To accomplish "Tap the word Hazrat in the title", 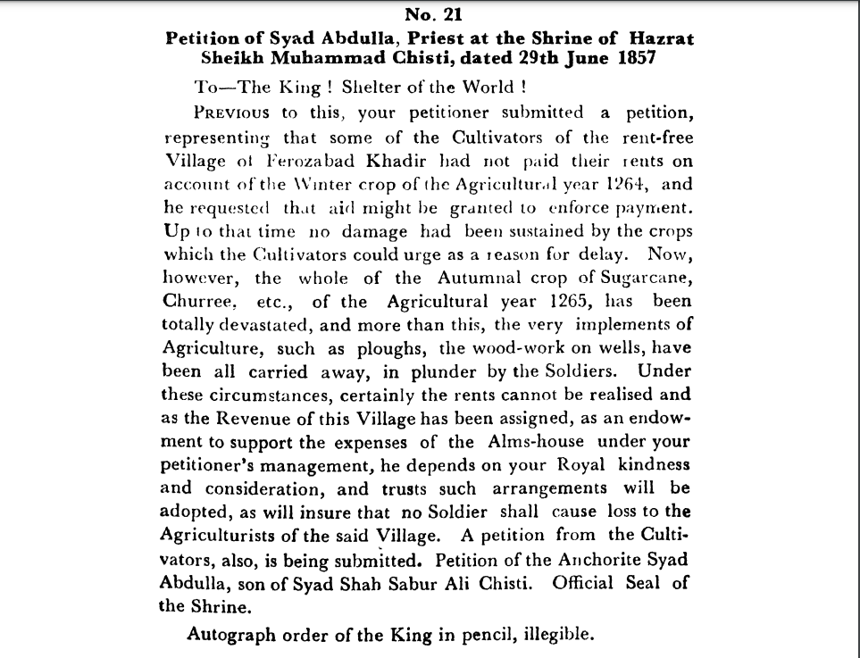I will pos(659,38).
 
